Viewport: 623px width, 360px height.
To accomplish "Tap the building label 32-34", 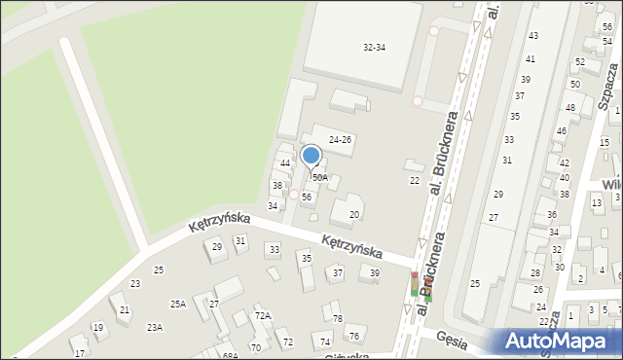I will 374,48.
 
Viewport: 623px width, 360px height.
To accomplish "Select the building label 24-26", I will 340,140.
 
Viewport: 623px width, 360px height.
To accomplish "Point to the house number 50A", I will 319,178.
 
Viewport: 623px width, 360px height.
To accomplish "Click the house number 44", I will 284,162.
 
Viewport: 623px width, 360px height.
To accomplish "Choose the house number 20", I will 354,214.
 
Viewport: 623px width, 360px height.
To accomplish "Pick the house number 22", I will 414,180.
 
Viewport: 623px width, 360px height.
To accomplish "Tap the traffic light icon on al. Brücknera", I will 415,284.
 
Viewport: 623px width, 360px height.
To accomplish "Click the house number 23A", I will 155,328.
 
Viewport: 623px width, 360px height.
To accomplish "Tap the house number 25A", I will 178,305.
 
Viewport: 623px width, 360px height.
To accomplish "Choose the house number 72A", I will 263,316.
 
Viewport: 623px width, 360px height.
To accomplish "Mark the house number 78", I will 337,319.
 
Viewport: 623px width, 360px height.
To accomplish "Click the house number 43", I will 532,36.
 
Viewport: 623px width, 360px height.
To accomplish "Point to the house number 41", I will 530,59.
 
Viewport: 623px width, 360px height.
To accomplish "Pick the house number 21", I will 124,309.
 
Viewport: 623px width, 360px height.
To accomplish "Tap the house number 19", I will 97,328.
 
